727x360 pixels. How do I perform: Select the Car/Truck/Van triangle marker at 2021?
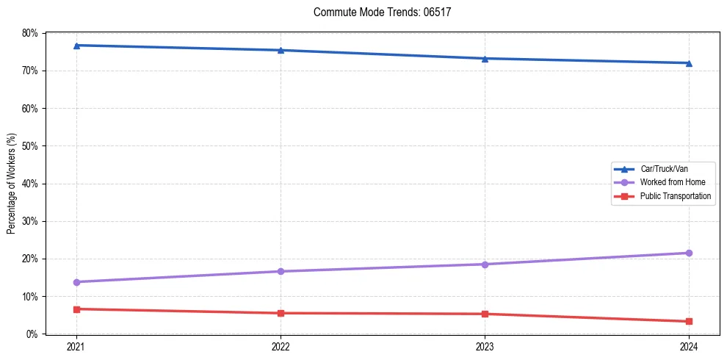click(x=76, y=46)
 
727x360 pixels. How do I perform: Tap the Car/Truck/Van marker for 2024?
click(x=689, y=63)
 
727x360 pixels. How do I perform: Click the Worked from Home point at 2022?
click(x=281, y=271)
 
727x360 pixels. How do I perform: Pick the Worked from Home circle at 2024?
click(x=689, y=253)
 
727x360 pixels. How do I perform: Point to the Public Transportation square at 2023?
click(x=485, y=314)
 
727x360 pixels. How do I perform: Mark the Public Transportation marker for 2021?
click(x=76, y=309)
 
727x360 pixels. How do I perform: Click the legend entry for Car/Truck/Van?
click(x=663, y=169)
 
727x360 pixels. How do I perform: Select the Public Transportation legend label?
click(x=675, y=196)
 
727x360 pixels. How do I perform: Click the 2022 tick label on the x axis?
click(x=281, y=346)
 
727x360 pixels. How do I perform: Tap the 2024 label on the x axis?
click(x=689, y=346)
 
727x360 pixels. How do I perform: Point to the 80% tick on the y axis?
click(x=30, y=33)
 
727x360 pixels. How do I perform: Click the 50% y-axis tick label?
click(x=30, y=146)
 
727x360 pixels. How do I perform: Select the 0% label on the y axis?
click(x=32, y=334)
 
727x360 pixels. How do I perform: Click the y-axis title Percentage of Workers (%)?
click(x=12, y=184)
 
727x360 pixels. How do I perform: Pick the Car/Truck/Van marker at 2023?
click(x=485, y=58)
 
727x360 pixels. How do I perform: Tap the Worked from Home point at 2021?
click(x=76, y=282)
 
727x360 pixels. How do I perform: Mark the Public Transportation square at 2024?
click(x=689, y=321)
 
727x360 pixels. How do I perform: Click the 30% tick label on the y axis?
click(x=30, y=221)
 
